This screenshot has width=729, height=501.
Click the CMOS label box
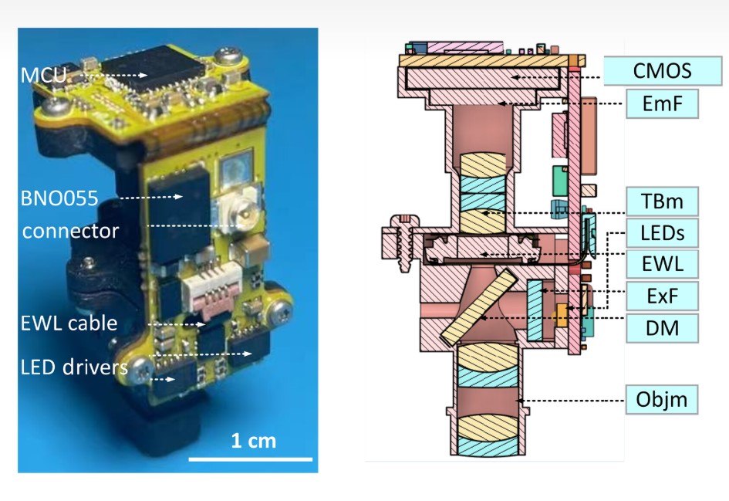tap(663, 71)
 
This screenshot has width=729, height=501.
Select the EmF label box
tap(662, 103)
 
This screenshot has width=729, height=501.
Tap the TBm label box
tap(662, 201)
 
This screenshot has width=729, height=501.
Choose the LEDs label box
tap(662, 232)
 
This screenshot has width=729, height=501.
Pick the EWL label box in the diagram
tap(662, 264)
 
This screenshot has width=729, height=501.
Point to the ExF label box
tap(662, 296)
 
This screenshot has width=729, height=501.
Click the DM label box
tap(662, 328)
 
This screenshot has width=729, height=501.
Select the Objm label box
tap(662, 399)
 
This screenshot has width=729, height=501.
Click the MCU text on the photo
tap(44, 75)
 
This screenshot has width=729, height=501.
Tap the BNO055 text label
tap(59, 198)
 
